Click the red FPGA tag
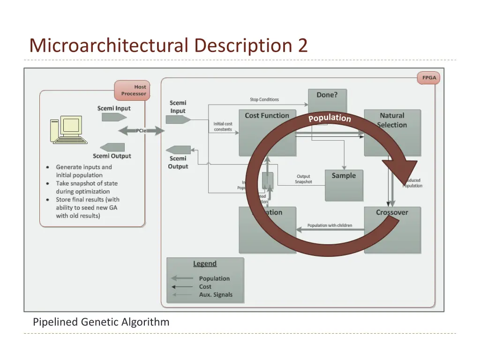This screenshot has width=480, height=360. coord(428,78)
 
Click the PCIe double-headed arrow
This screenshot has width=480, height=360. coord(141,131)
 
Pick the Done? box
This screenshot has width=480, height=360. coord(327,95)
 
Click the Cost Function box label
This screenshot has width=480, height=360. coord(267,115)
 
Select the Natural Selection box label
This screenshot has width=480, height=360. coord(392,120)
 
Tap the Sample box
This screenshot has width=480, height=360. coord(344,176)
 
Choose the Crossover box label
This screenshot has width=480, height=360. coord(392,212)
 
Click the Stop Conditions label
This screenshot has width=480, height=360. coord(264,99)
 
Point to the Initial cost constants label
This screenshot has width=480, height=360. coord(223,127)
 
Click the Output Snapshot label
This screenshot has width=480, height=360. coord(303,179)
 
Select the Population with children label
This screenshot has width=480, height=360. coord(330,225)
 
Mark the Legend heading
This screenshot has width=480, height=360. coord(205,263)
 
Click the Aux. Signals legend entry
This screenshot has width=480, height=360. coord(215,294)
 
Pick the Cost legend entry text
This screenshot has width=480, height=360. coord(205,286)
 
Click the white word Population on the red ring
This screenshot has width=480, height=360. coord(330,118)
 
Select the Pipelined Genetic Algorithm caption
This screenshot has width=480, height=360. coord(101,322)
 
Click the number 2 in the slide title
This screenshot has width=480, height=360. coord(302,46)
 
